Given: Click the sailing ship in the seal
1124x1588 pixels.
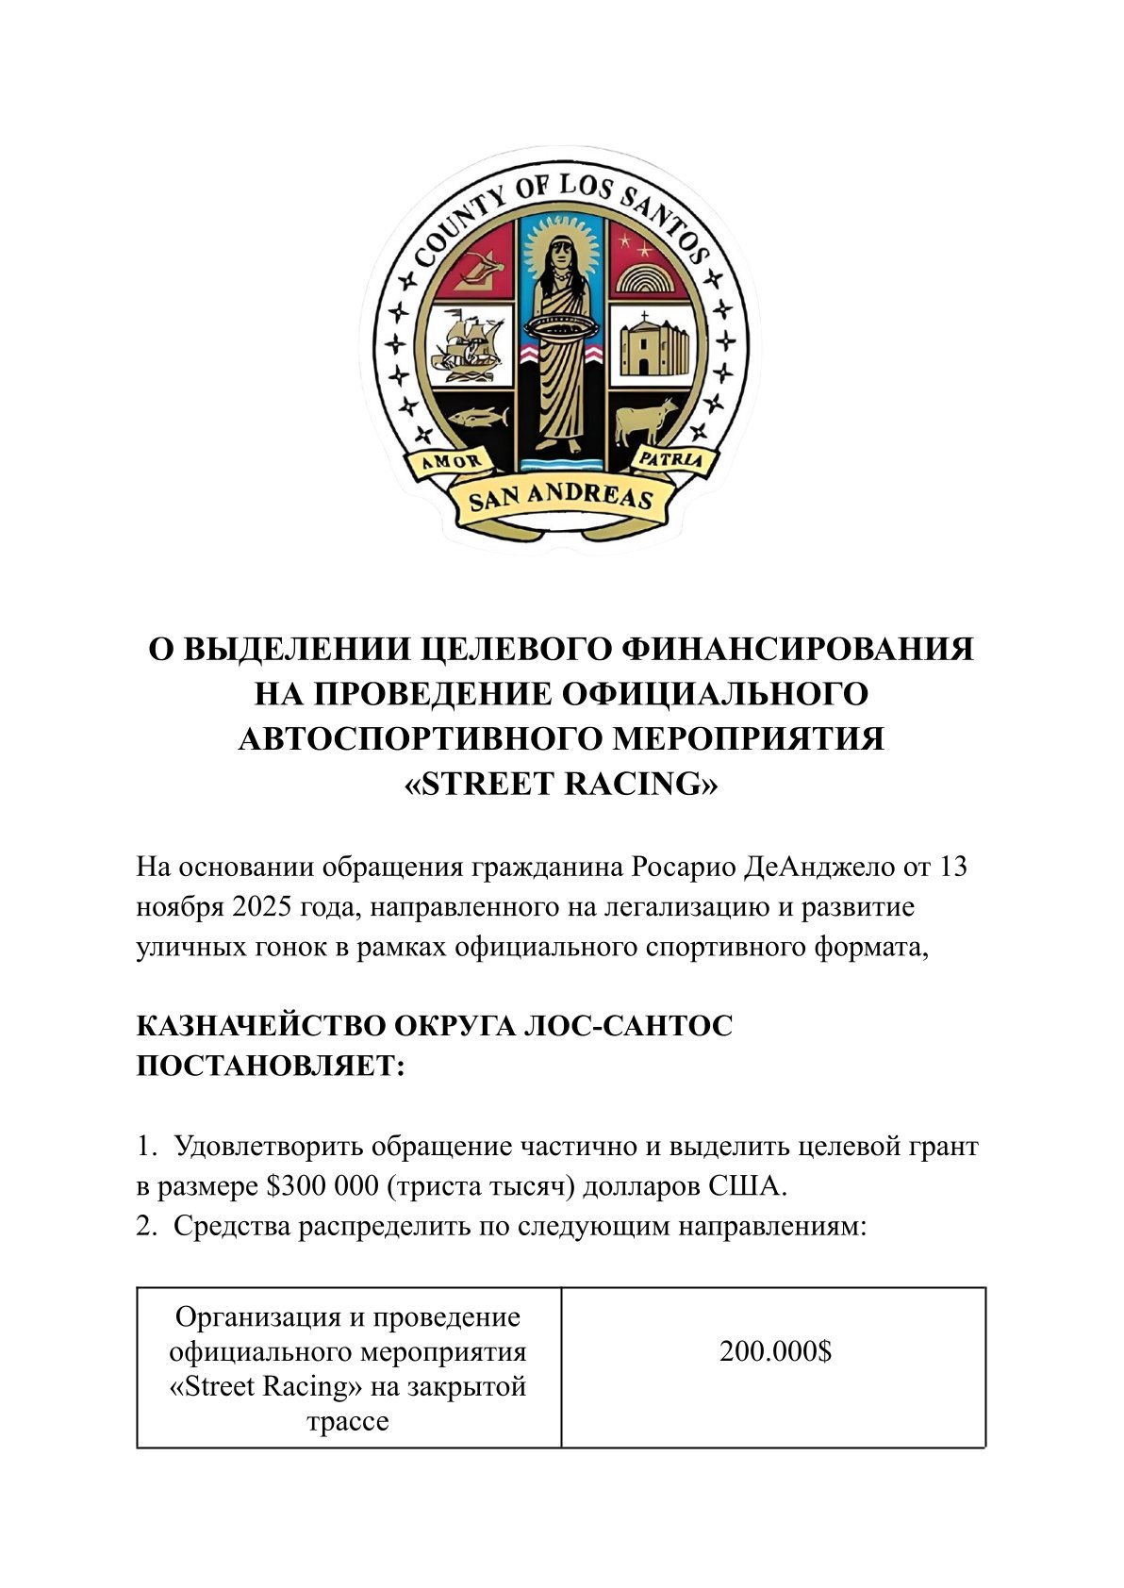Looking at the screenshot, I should click(x=468, y=345).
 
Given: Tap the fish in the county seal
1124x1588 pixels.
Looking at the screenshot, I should click(x=477, y=416).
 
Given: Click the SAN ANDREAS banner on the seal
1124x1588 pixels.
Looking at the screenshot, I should click(x=561, y=497).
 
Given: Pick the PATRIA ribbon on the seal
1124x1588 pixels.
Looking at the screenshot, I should click(x=670, y=459).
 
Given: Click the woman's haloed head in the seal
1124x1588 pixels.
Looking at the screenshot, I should click(x=560, y=254).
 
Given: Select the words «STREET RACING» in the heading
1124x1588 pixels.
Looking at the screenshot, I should click(x=561, y=784).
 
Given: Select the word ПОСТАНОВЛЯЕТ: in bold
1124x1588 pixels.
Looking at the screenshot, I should click(x=271, y=1067).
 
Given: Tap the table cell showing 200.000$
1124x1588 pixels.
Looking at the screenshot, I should click(x=775, y=1351).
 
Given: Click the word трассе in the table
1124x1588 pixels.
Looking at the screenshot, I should click(x=348, y=1421).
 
